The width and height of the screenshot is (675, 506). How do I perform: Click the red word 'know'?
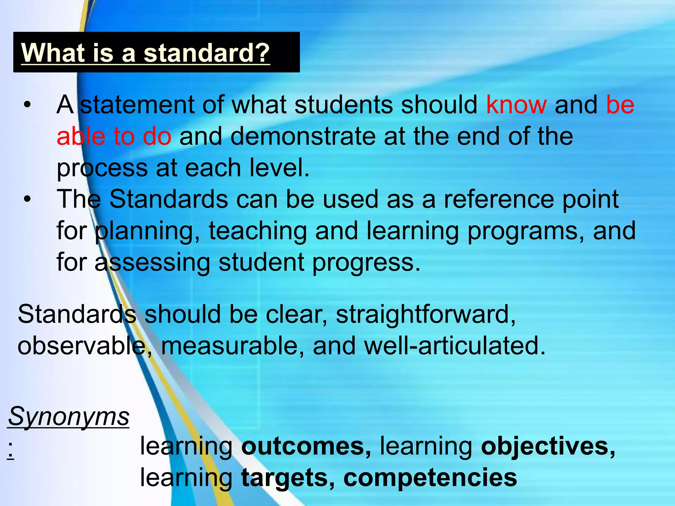[516, 105]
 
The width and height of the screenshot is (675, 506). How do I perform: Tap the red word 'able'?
[80, 136]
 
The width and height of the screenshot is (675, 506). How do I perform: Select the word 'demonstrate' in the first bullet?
[303, 136]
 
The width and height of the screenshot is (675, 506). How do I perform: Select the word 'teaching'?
[258, 231]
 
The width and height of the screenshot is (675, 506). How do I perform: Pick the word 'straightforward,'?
[426, 314]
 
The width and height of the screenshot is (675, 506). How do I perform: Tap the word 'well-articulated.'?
[455, 346]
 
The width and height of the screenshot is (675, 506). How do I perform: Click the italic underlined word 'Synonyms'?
[69, 416]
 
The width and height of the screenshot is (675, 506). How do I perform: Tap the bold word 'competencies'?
[430, 478]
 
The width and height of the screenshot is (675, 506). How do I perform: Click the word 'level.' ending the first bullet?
[279, 168]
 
